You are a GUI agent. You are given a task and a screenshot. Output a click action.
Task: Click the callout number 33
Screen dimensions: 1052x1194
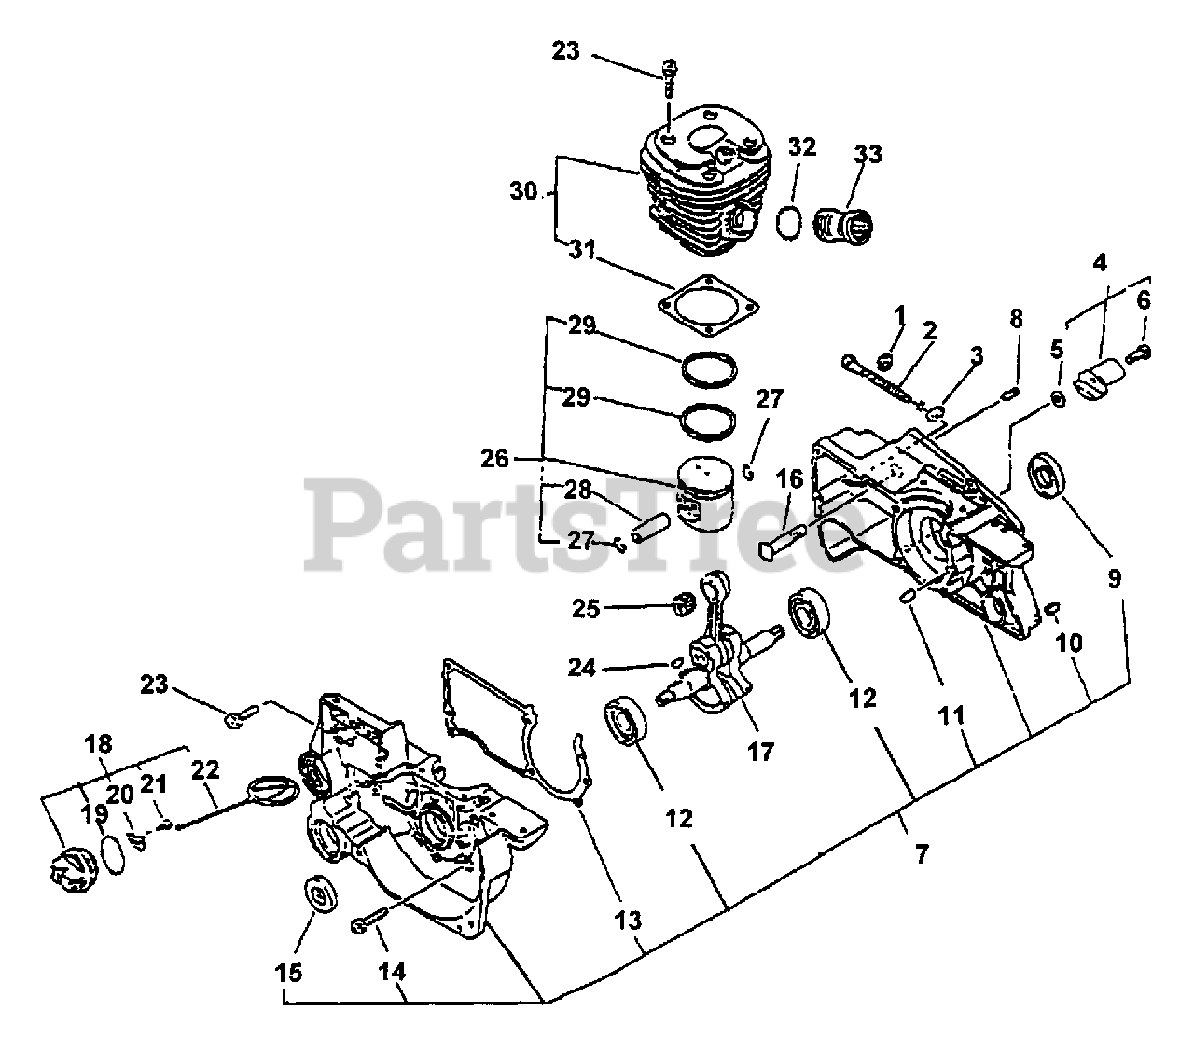pos(868,154)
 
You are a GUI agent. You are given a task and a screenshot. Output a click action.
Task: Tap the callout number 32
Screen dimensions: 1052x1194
pos(802,146)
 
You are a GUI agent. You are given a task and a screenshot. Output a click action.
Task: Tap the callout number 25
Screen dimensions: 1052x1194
pos(587,608)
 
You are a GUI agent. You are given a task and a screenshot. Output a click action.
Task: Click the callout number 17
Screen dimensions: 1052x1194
pos(761,751)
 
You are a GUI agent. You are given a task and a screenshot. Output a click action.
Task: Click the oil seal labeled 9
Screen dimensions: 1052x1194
pos(1049,480)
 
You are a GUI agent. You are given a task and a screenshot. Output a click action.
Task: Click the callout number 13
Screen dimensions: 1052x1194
pos(628,920)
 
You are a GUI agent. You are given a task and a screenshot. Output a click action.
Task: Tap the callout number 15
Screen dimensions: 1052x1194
pos(289,973)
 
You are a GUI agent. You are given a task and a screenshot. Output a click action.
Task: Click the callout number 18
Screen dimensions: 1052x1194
pos(98,743)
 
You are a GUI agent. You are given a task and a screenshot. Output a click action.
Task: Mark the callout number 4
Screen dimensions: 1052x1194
pos(1101,264)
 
